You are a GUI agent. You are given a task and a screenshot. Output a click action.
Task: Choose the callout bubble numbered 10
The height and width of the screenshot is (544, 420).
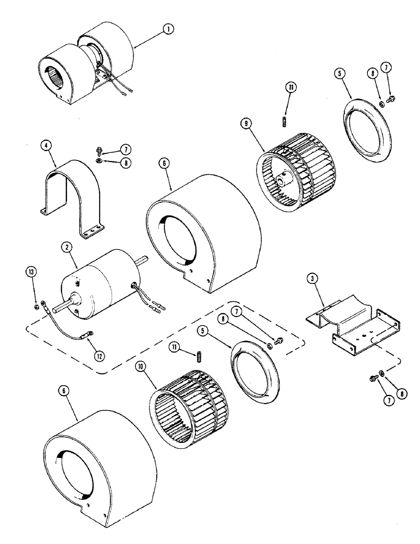click(141, 367)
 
